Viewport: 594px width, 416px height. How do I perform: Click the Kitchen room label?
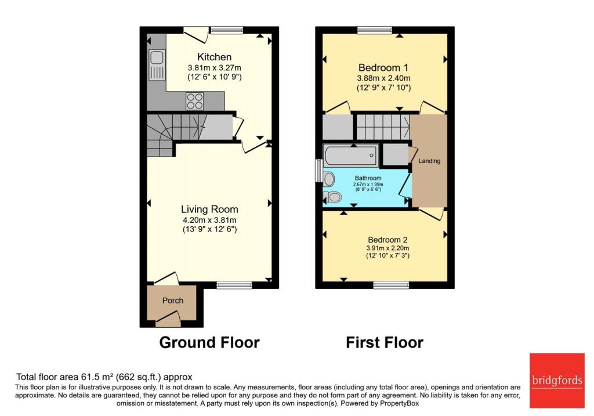click(214, 57)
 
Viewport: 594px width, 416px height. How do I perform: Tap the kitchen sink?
click(157, 64)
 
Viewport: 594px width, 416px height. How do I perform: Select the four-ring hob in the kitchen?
click(194, 102)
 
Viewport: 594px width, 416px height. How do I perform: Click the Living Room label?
click(209, 209)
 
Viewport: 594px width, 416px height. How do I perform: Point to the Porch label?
click(172, 301)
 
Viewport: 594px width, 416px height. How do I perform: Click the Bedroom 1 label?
click(383, 66)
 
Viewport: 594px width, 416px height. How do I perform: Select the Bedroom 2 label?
click(387, 240)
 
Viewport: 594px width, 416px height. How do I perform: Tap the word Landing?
click(429, 161)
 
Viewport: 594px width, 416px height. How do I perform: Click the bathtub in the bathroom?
click(351, 155)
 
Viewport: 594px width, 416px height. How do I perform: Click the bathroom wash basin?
click(329, 178)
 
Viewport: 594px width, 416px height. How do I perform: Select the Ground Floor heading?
click(209, 342)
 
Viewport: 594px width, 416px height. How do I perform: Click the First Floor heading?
click(385, 342)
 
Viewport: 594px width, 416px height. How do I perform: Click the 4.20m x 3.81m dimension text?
click(209, 220)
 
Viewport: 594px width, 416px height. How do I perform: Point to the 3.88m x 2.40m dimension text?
click(384, 78)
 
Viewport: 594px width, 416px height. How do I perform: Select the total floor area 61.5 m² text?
click(104, 377)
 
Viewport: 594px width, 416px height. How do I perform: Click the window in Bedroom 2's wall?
click(390, 285)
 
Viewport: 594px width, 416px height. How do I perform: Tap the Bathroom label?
click(368, 178)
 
